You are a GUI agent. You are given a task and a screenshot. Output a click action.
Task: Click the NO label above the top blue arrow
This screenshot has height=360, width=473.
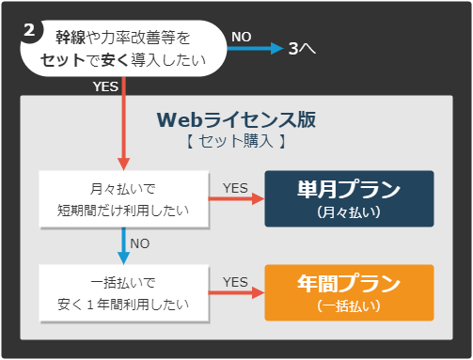click(x=242, y=36)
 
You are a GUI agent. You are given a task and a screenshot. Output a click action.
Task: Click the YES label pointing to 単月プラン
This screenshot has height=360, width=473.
click(x=235, y=187)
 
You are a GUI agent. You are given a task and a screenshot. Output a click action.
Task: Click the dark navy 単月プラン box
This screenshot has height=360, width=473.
click(x=349, y=198)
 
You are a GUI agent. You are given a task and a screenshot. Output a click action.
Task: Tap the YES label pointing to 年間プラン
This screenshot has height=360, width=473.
click(x=235, y=281)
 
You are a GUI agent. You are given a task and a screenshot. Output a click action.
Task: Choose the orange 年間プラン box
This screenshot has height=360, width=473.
click(x=349, y=292)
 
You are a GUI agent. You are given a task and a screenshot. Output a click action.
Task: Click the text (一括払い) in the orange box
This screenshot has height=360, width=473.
click(x=349, y=306)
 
